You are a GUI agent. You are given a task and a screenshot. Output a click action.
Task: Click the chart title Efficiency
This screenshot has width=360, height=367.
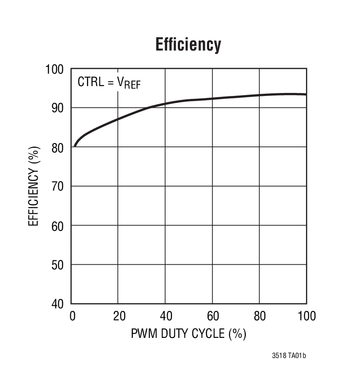click(x=188, y=45)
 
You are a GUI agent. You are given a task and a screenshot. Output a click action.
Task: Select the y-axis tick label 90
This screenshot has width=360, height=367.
click(x=57, y=108)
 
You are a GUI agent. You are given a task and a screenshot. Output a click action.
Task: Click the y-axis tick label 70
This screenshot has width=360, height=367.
click(x=57, y=186)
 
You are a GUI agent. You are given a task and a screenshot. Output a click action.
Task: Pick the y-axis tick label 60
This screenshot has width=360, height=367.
click(x=57, y=225)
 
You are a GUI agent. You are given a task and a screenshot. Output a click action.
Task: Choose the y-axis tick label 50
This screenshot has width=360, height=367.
click(x=57, y=265)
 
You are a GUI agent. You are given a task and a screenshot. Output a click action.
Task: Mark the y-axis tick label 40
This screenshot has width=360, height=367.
click(x=57, y=304)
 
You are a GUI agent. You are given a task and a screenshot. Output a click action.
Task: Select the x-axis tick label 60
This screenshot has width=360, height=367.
click(x=213, y=316)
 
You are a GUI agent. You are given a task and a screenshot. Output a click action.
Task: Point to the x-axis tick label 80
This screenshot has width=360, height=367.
click(x=260, y=316)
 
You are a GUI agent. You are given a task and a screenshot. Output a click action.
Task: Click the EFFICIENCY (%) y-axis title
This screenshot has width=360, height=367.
click(x=34, y=186)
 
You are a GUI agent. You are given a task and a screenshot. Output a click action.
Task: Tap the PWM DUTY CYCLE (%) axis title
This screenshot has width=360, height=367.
click(x=189, y=334)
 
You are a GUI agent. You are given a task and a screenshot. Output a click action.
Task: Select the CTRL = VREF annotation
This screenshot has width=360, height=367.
click(x=109, y=82)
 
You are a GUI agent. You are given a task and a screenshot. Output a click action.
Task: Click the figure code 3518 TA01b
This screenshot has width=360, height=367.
click(x=289, y=356)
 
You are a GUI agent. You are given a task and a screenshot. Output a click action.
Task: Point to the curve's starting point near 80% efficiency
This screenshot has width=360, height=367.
click(x=75, y=146)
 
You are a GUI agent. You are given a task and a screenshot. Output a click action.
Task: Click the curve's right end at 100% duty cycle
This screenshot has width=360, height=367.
click(x=306, y=94)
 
